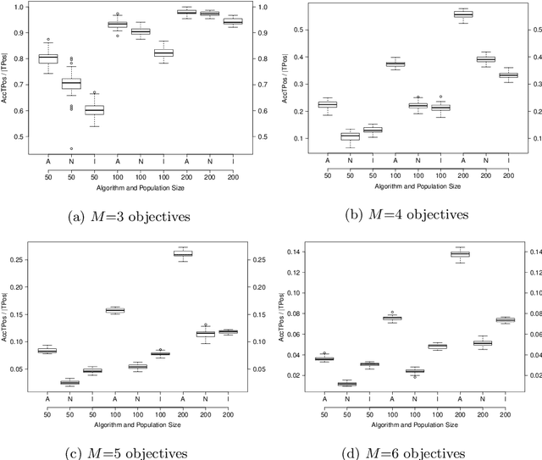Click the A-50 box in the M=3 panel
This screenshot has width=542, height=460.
point(47,58)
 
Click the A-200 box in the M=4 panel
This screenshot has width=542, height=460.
point(463,14)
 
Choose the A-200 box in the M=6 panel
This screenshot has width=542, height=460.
point(460,254)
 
